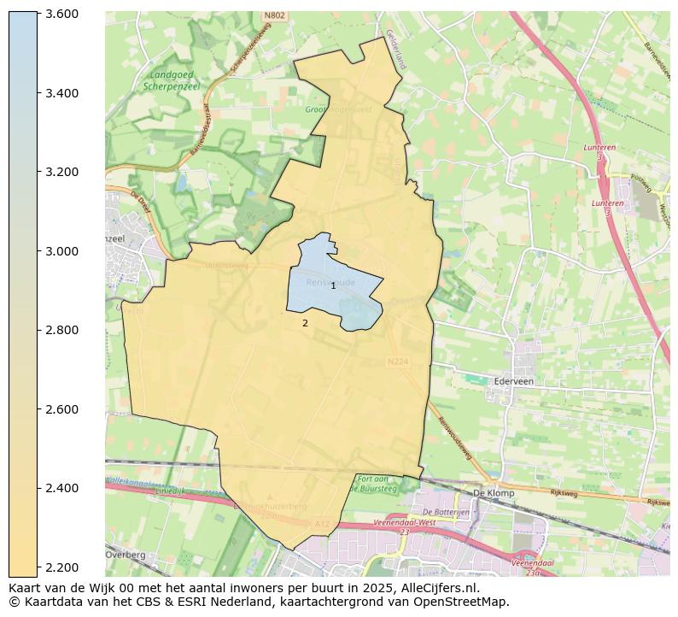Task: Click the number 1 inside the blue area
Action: tap(334, 286)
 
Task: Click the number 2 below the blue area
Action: tap(305, 324)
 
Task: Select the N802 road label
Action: tap(274, 15)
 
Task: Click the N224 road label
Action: tap(397, 361)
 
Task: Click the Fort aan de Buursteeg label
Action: tap(377, 485)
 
